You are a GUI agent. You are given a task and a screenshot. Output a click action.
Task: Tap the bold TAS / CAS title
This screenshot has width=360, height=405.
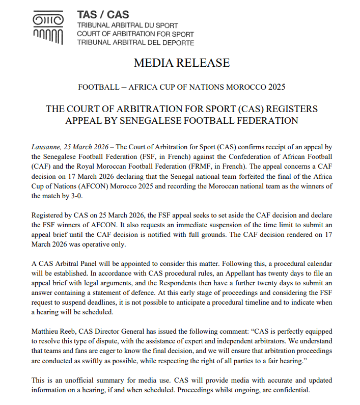click(103, 14)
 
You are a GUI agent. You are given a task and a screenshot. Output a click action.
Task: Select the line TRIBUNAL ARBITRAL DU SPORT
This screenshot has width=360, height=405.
click(128, 25)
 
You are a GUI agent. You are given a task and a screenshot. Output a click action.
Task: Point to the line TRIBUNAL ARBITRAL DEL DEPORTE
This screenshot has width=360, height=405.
click(135, 42)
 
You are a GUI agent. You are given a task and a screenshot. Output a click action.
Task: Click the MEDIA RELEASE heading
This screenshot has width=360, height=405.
click(181, 63)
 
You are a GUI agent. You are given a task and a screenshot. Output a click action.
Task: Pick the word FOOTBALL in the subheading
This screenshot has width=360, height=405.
click(97, 87)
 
